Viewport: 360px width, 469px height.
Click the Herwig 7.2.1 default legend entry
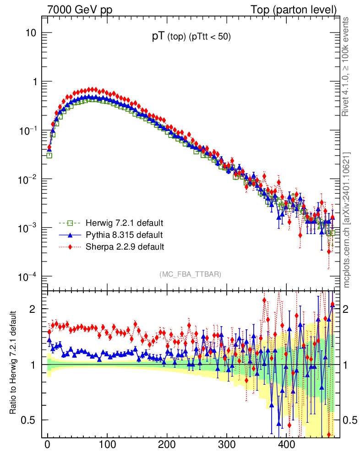(124, 224)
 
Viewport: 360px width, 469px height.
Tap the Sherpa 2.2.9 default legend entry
(125, 247)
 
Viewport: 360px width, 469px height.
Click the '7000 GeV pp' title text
(80, 10)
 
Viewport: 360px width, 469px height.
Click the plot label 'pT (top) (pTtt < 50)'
(191, 37)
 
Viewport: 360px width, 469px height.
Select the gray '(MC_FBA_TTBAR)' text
(191, 274)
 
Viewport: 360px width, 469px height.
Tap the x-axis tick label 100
(107, 446)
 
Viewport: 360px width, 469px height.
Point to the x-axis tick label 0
(47, 446)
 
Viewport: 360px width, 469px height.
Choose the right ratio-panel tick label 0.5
(350, 420)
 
